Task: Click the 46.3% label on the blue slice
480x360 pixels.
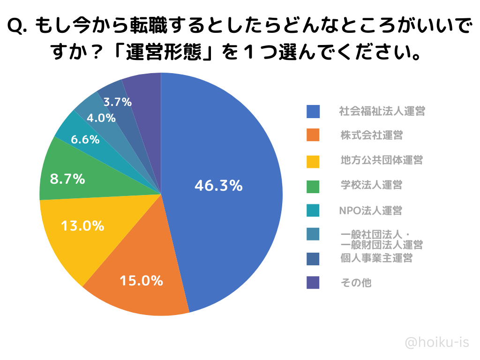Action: click(218, 186)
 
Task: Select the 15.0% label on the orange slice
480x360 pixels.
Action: click(141, 281)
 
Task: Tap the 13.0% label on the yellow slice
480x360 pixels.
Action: click(82, 226)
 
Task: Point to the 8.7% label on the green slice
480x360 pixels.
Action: click(67, 179)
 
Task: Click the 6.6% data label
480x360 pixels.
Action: click(85, 139)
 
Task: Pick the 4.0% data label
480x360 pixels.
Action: click(101, 118)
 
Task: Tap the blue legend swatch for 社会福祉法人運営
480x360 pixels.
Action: click(313, 112)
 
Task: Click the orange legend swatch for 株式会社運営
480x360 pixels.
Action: click(313, 135)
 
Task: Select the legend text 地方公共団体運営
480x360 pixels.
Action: click(382, 160)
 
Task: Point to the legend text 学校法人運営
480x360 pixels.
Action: click(371, 185)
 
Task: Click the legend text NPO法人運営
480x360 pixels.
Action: click(370, 210)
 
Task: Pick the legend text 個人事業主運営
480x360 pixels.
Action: click(376, 258)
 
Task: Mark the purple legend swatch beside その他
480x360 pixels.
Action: click(313, 283)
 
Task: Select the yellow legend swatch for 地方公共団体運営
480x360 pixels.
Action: click(313, 161)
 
